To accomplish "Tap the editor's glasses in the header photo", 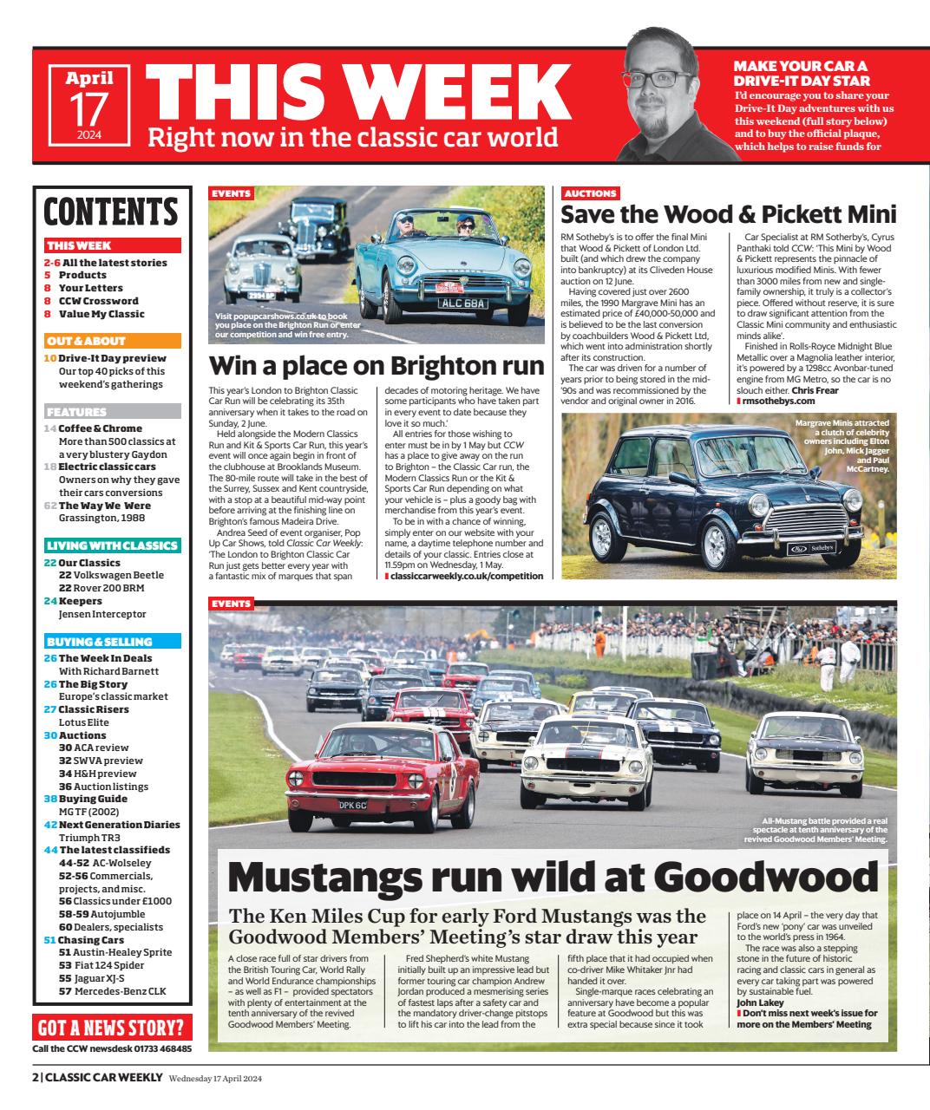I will click(669, 79).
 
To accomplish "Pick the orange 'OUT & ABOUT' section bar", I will click(113, 341).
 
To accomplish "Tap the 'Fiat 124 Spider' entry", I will click(102, 965).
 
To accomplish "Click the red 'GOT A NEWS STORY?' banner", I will click(111, 1029).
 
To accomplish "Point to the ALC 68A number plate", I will click(463, 303).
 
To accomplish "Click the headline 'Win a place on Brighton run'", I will click(377, 364).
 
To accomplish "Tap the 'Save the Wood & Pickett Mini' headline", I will click(729, 214).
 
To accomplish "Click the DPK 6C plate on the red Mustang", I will click(355, 805).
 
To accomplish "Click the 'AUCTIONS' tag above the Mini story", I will click(590, 193).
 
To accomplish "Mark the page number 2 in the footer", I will click(36, 1078).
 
